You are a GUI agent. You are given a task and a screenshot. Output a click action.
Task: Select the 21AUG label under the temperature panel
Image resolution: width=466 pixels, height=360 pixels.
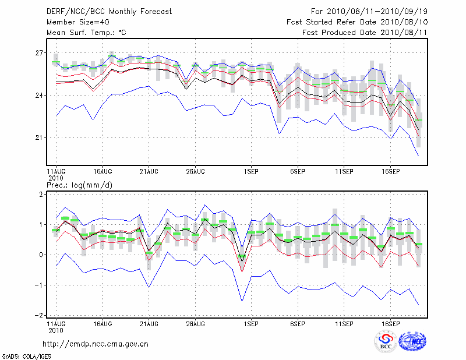click(x=149, y=172)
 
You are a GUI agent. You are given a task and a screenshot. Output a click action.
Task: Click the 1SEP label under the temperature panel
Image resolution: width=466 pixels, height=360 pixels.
click(x=251, y=172)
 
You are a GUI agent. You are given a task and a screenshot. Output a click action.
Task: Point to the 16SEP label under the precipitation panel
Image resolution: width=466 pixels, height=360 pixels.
click(x=390, y=323)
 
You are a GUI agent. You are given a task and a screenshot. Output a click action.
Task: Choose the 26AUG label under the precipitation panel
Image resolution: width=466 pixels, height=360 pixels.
click(x=196, y=323)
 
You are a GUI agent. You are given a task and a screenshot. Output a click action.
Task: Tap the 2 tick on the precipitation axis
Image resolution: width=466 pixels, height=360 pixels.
click(x=40, y=195)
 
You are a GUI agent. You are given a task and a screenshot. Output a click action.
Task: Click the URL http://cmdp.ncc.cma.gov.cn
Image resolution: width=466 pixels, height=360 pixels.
click(x=96, y=344)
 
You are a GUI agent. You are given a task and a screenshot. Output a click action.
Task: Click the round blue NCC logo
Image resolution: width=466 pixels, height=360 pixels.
click(x=412, y=342)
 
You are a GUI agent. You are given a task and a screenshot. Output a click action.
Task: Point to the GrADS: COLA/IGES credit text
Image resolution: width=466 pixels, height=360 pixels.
click(x=23, y=355)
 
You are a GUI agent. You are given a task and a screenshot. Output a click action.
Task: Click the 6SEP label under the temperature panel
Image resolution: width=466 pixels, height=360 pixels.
click(x=298, y=172)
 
